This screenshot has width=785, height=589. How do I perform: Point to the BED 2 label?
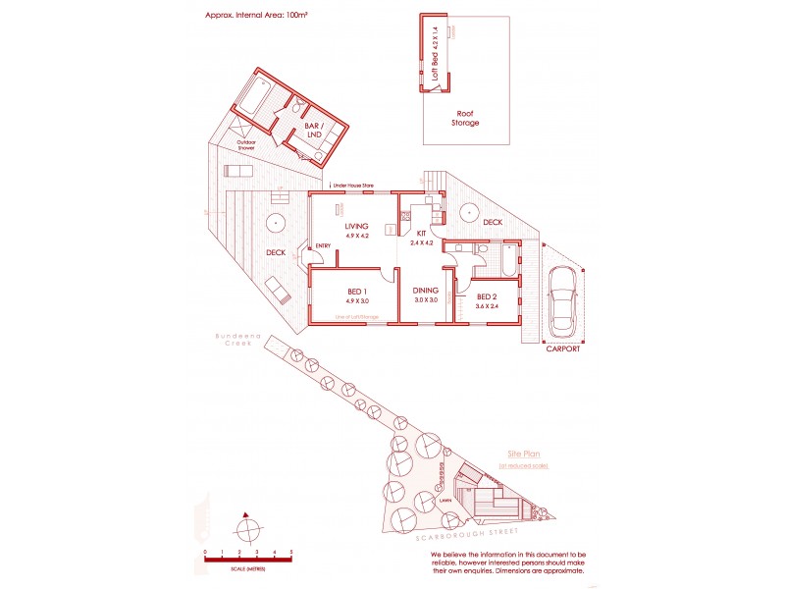coord(488,296)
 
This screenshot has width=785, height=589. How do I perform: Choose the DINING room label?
coord(425,291)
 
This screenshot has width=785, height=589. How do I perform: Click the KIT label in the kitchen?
coord(420,234)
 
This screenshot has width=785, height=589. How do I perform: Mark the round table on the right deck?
coord(471,210)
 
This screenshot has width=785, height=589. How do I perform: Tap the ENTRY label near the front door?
coord(322,245)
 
